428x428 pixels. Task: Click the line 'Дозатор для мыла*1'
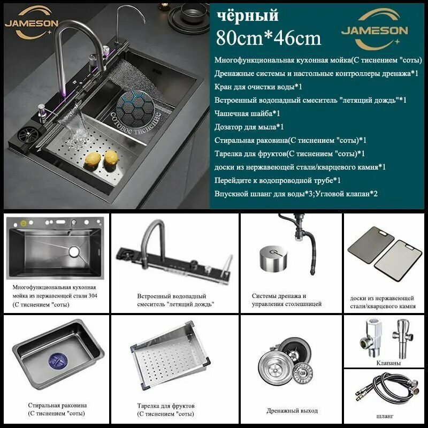249,127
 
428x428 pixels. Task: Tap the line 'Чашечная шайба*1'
247,113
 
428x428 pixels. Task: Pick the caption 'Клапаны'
388,363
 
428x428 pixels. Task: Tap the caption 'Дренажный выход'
292,411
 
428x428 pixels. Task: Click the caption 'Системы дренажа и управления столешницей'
286,300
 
